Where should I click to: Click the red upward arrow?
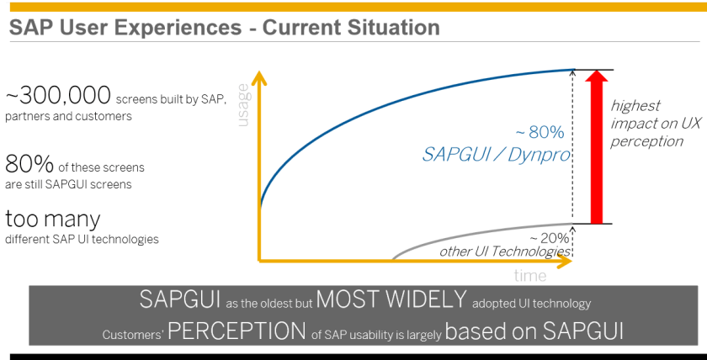[597, 147]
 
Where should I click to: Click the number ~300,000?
[58, 95]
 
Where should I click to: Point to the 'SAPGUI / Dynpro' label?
[497, 155]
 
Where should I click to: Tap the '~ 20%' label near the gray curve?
[549, 238]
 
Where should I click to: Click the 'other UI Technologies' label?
[505, 251]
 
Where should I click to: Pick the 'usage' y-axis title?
[243, 105]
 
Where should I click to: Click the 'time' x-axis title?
[529, 275]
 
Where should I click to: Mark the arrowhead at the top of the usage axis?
[259, 77]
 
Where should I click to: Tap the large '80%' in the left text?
[29, 165]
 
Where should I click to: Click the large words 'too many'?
[53, 220]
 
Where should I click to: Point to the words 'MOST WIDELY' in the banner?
[391, 299]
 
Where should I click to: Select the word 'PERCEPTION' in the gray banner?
[237, 331]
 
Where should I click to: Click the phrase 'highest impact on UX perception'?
[646, 124]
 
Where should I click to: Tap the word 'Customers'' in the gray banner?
[133, 335]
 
